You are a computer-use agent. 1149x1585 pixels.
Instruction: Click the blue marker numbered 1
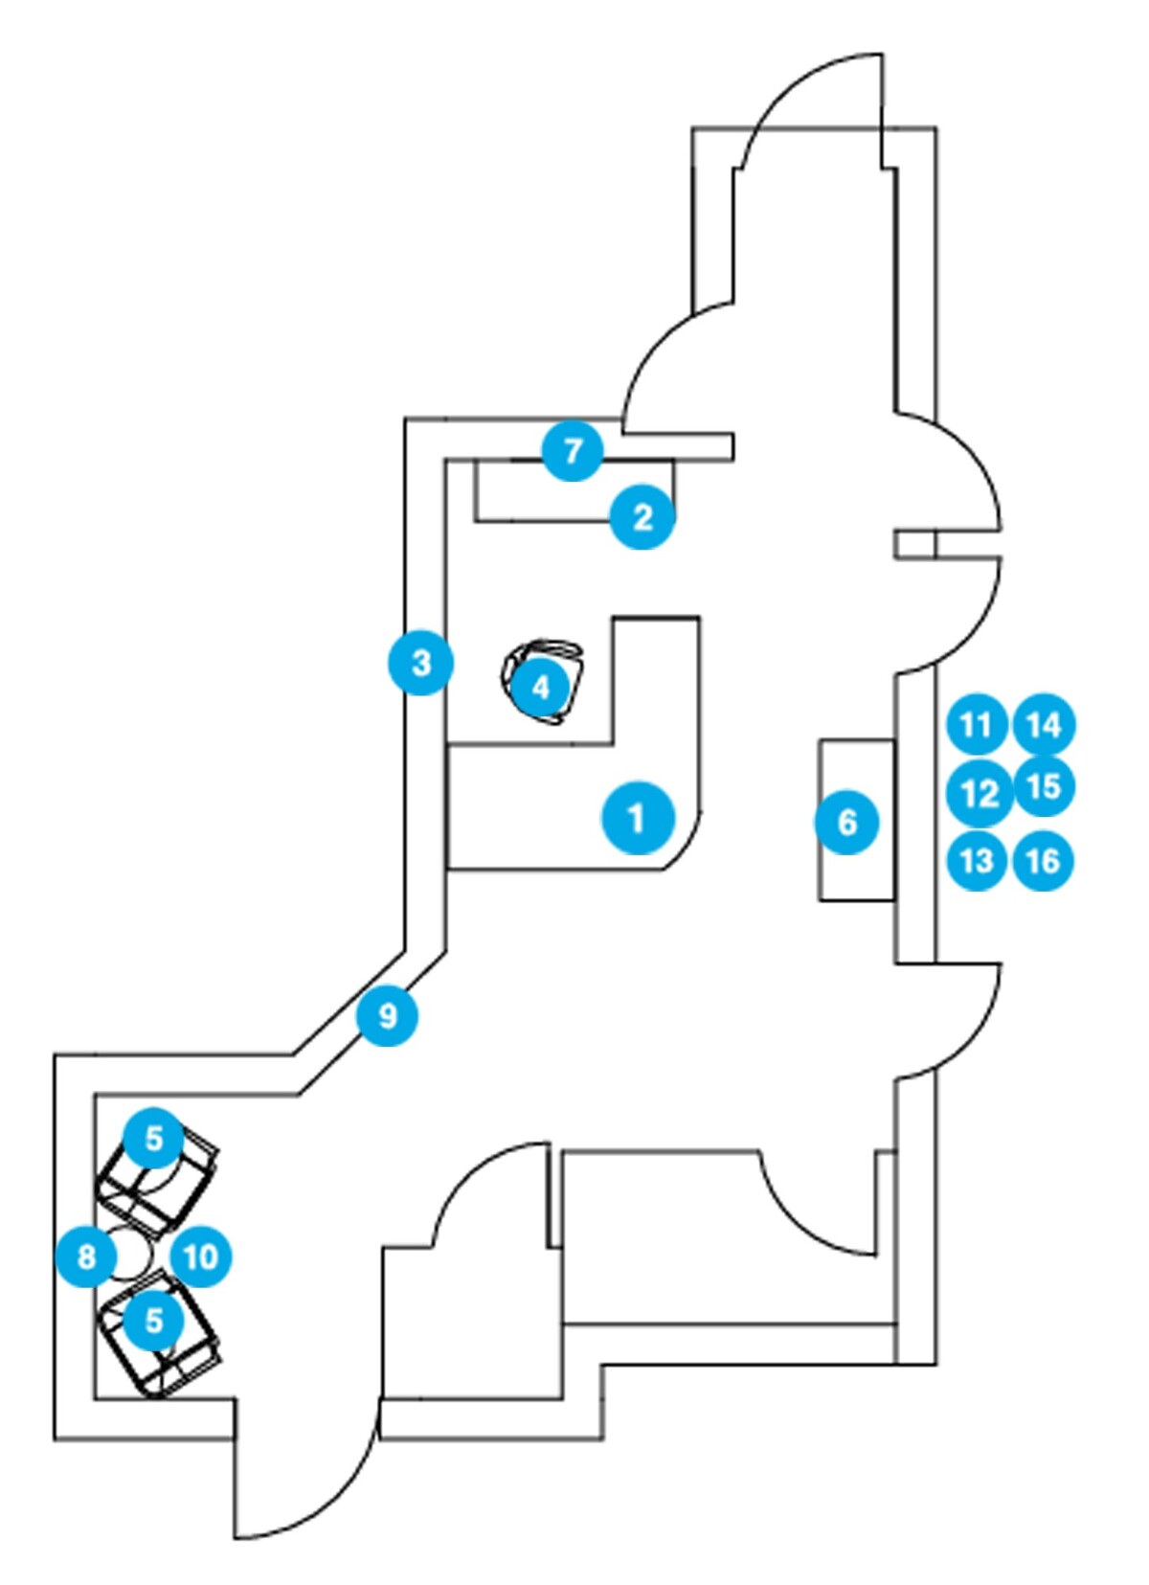coord(638,819)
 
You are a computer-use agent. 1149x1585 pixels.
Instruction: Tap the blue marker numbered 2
coord(643,517)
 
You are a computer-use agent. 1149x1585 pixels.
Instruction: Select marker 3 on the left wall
coord(420,663)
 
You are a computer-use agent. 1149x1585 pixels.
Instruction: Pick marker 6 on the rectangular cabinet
coord(847,822)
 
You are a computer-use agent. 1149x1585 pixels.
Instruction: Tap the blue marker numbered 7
coord(573,450)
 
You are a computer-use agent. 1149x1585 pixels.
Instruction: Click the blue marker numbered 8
coord(86,1256)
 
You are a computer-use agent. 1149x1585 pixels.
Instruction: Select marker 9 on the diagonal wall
coord(387,1015)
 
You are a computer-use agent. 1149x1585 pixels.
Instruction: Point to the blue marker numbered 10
coord(201,1256)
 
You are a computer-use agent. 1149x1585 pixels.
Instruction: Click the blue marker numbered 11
coord(976,725)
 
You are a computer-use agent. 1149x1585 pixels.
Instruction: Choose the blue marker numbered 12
coord(978,793)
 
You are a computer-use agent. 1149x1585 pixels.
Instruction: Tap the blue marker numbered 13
coord(976,860)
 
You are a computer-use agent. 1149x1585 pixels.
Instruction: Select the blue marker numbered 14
coord(1044,725)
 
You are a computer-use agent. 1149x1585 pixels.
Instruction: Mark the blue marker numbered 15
coord(1044,787)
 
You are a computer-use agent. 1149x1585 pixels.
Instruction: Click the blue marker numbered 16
coord(1043,860)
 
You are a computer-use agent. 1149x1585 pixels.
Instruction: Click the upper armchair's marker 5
coord(154,1139)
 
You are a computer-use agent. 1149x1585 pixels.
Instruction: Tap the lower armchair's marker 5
coord(154,1320)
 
